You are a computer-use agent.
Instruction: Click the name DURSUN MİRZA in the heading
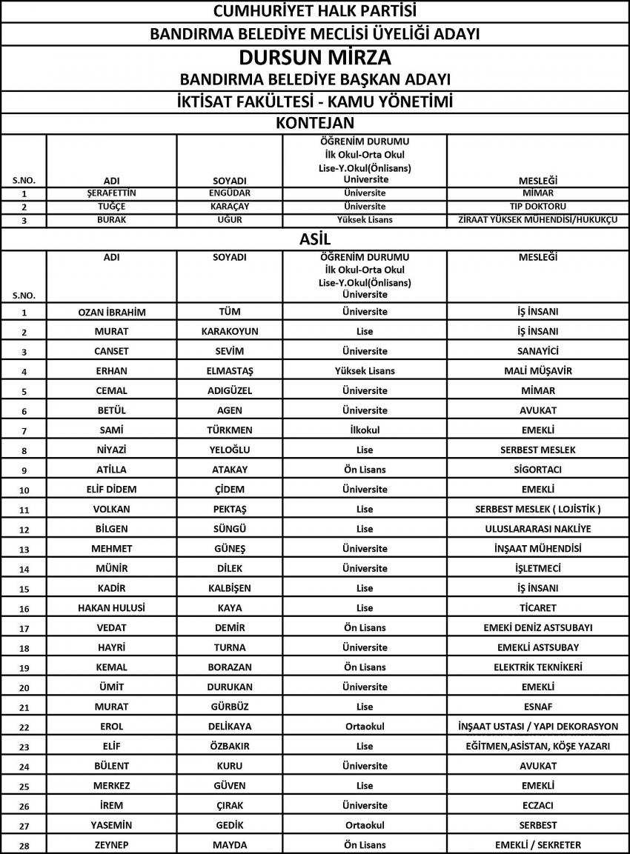pyautogui.click(x=315, y=58)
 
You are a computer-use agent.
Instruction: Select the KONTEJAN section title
pyautogui.click(x=315, y=123)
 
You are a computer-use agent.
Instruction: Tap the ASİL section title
pyautogui.click(x=315, y=238)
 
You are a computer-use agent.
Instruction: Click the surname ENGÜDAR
pyautogui.click(x=230, y=193)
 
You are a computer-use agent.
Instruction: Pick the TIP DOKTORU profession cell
pyautogui.click(x=538, y=207)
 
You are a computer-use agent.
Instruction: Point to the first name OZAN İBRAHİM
pyautogui.click(x=112, y=312)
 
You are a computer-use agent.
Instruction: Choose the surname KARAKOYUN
pyautogui.click(x=230, y=331)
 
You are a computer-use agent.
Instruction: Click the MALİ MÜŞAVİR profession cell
pyautogui.click(x=538, y=370)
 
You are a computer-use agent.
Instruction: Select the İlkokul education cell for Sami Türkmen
pyautogui.click(x=365, y=430)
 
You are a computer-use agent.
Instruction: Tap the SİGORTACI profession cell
pyautogui.click(x=538, y=470)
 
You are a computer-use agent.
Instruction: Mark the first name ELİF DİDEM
pyautogui.click(x=112, y=489)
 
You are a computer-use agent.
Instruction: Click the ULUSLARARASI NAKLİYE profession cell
pyautogui.click(x=538, y=529)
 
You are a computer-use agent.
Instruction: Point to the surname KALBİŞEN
pyautogui.click(x=230, y=588)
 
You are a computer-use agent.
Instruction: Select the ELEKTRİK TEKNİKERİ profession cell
pyautogui.click(x=538, y=667)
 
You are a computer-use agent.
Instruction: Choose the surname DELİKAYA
pyautogui.click(x=230, y=726)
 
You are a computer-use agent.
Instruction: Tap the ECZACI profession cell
pyautogui.click(x=538, y=805)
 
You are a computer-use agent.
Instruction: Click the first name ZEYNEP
pyautogui.click(x=112, y=844)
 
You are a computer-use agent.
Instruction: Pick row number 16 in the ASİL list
pyautogui.click(x=24, y=609)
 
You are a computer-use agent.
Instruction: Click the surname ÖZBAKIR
pyautogui.click(x=230, y=746)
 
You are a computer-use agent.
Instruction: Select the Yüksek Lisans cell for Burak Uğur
pyautogui.click(x=365, y=220)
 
